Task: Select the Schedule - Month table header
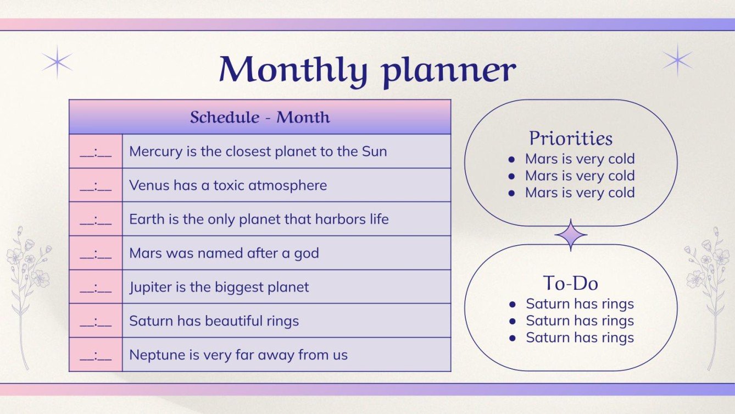coord(260,117)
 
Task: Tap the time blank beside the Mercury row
coord(96,152)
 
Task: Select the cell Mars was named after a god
coord(224,253)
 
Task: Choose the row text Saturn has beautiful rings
coord(214,321)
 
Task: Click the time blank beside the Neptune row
coord(96,355)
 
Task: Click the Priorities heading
coord(571,138)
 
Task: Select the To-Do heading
coord(571,283)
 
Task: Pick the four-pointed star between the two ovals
coord(571,235)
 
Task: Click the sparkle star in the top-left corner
coord(57,62)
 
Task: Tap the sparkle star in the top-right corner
coord(677,60)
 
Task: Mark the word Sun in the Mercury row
coord(374,152)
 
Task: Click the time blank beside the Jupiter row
coord(96,287)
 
